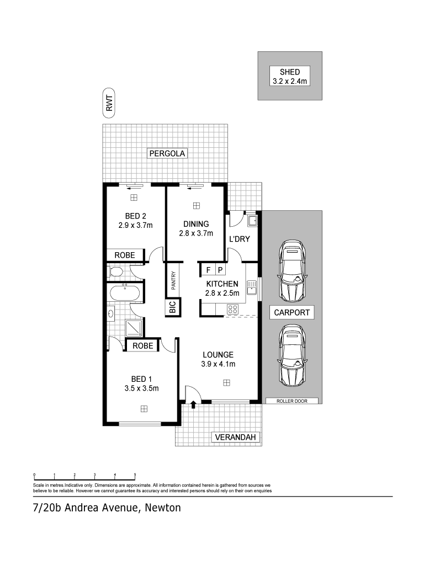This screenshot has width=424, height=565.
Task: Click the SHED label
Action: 289,72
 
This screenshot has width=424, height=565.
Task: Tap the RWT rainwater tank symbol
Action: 109,103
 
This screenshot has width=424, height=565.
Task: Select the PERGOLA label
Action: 167,153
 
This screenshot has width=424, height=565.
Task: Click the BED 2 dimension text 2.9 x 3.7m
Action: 136,226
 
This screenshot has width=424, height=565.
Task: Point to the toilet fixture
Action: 115,272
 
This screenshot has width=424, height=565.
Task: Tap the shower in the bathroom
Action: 134,328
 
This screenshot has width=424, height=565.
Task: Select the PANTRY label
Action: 173,280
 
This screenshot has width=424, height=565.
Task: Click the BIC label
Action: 172,307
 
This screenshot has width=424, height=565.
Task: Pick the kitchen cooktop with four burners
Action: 232,309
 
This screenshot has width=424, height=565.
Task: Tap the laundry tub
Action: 252,220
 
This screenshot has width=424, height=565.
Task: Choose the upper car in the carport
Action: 293,270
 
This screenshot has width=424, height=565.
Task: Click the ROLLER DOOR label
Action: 292,401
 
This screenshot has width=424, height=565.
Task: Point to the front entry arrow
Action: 193,404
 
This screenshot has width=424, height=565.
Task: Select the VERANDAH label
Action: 235,438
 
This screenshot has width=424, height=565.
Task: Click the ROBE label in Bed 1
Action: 143,346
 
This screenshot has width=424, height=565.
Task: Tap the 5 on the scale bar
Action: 135,475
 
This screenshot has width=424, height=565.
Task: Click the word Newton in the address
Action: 163,508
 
